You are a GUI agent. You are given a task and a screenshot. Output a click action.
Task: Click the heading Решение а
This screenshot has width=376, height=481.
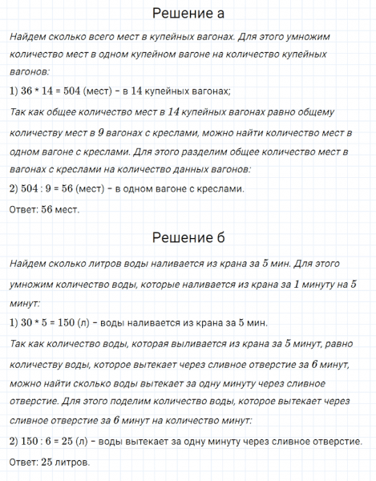188,14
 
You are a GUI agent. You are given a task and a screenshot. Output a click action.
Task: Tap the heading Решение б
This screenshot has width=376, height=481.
188,238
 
